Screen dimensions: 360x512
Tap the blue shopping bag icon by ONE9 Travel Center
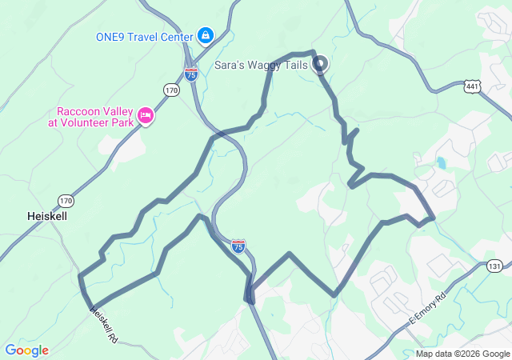click(x=206, y=35)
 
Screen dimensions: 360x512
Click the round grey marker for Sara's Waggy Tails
click(x=320, y=63)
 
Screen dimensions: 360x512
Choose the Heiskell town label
click(x=47, y=216)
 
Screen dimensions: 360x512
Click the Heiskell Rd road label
click(x=102, y=326)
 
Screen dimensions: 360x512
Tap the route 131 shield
click(x=495, y=266)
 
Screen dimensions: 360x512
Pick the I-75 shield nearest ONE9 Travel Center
click(x=191, y=74)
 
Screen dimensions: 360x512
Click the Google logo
click(x=27, y=350)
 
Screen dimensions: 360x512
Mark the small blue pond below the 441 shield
click(x=441, y=165)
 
